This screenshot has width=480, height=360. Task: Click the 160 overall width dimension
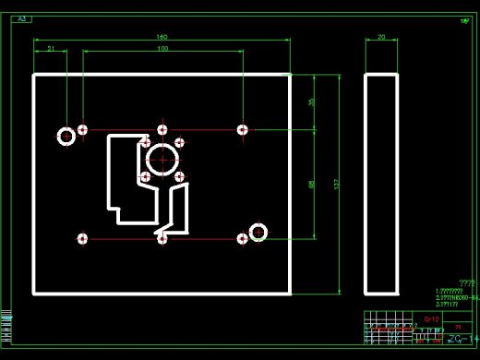click(162, 37)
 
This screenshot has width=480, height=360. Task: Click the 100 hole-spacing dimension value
click(162, 48)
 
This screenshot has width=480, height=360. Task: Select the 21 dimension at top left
click(51, 48)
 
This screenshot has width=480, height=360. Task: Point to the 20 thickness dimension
click(381, 37)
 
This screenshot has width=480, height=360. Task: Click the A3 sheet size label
click(23, 18)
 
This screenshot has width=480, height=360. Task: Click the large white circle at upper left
click(66, 137)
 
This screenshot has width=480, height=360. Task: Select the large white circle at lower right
click(258, 232)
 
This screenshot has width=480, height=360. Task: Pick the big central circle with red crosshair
click(162, 159)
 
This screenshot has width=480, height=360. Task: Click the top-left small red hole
click(83, 130)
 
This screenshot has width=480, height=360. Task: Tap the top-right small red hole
click(242, 130)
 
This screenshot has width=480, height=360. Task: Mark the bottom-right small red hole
click(242, 239)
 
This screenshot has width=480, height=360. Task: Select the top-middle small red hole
click(162, 130)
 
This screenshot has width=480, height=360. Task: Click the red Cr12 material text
click(430, 318)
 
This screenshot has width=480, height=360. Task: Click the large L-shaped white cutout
click(125, 180)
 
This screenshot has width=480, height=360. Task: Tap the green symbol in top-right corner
click(463, 19)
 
